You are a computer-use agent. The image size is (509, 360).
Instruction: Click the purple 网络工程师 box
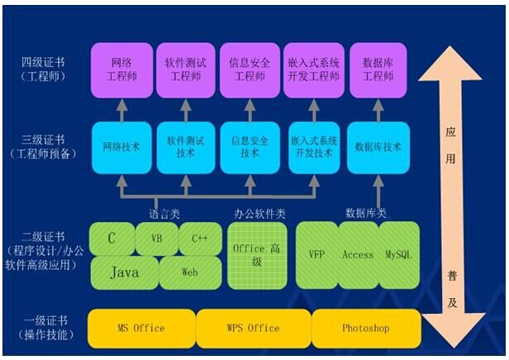pyautogui.click(x=121, y=68)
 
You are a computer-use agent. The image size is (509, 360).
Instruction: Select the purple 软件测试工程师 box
pyautogui.click(x=184, y=68)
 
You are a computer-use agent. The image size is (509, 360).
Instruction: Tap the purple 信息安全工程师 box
pyautogui.click(x=249, y=68)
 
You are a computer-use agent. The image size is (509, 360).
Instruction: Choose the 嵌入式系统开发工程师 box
pyautogui.click(x=312, y=68)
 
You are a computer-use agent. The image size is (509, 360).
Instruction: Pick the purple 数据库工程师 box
pyautogui.click(x=377, y=68)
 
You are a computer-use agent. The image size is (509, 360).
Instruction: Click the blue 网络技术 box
pyautogui.click(x=121, y=147)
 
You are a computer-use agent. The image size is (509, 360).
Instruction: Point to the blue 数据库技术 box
pyautogui.click(x=377, y=147)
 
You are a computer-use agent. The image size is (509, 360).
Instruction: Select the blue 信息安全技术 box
pyautogui.click(x=249, y=147)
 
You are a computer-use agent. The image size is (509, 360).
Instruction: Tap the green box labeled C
pyautogui.click(x=112, y=239)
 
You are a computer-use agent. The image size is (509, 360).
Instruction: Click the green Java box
pyautogui.click(x=123, y=271)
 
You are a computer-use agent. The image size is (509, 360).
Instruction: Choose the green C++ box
pyautogui.click(x=200, y=239)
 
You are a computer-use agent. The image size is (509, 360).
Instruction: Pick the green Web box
pyautogui.click(x=190, y=271)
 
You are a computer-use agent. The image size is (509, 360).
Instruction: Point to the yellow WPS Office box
pyautogui.click(x=252, y=328)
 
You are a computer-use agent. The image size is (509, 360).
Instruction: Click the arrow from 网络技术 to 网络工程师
pyautogui.click(x=121, y=108)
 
